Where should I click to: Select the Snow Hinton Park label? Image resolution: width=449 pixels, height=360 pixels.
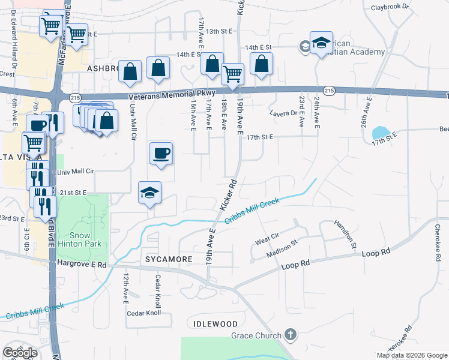pos(84,240)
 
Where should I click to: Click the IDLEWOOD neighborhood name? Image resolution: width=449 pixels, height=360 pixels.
pos(215,323)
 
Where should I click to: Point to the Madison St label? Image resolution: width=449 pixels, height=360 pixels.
pos(282,251)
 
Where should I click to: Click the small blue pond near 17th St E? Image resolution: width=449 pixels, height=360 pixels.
pos(379,133)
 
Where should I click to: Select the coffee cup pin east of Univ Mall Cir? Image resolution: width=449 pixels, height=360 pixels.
pos(161,154)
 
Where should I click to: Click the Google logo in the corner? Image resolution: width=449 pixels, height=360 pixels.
pos(20,352)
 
